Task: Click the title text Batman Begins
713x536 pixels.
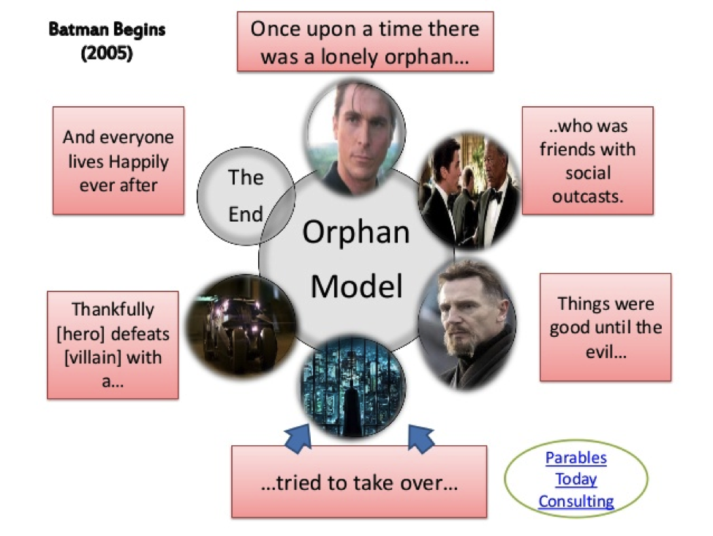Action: click(107, 30)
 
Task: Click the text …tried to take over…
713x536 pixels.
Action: click(359, 483)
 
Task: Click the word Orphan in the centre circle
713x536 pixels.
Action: click(356, 233)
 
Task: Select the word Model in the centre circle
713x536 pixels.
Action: click(356, 286)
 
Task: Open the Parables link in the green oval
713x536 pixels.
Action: click(576, 458)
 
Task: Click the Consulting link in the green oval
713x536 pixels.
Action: click(576, 502)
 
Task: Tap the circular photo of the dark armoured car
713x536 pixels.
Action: click(240, 324)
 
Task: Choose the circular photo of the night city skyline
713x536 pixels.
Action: click(354, 387)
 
